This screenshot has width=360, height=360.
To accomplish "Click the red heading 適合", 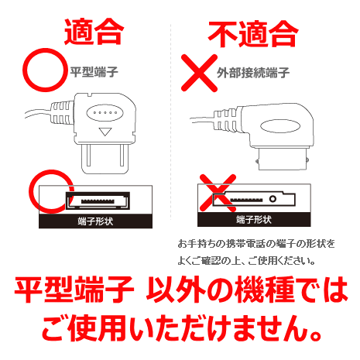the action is pos(94,32).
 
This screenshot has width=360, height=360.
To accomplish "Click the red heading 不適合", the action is pos(253,34).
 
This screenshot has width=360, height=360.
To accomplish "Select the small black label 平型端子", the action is pos(94,72).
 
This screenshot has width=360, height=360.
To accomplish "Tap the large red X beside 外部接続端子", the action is pos(199,73).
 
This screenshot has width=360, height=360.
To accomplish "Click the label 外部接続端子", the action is pos(253,73).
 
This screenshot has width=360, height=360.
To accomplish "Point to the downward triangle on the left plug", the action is pos(105,132).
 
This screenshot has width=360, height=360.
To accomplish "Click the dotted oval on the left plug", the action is pos(105,113).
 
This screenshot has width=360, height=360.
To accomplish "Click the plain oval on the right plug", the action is pos(280,127).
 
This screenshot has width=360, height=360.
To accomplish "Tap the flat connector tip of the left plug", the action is pos(105,159).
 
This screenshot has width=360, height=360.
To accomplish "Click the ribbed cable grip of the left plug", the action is pos(62,113).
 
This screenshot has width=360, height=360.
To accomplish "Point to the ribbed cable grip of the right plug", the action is pos(226,120).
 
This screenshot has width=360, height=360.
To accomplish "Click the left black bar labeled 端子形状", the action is pos(95,221).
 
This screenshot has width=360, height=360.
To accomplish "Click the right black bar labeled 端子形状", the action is pos(254,220).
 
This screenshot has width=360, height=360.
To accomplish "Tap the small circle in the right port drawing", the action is pos(273,199).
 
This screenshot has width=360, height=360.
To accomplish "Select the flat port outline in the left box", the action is pos(98,201).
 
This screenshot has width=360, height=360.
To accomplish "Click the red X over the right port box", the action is pos(218,193).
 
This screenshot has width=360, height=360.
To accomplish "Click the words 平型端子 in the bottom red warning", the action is pos(74,290).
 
